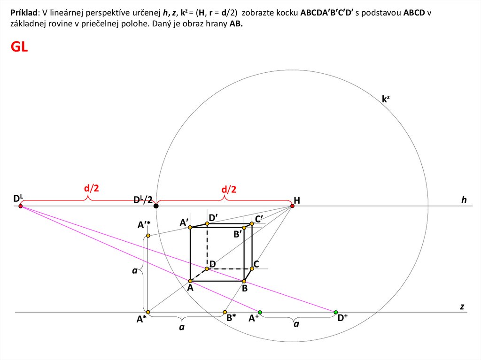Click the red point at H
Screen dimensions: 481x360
coord(292,206)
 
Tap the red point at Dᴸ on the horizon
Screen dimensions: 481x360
coord(20,206)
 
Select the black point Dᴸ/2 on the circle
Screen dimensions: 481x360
coord(156,206)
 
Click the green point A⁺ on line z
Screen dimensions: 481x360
coord(260,312)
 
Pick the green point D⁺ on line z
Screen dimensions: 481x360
coord(335,312)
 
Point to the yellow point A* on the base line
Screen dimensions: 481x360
coord(148,312)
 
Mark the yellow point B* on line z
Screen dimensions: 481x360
coord(225,312)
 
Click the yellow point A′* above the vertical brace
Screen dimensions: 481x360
coord(148,235)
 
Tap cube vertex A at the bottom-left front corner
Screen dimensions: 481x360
coord(190,281)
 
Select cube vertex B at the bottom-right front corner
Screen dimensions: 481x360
coord(244,281)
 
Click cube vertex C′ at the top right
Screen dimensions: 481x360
coord(252,224)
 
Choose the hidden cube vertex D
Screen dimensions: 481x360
coord(207,269)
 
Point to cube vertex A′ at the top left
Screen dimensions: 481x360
coord(190,228)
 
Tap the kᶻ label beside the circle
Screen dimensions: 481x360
coord(386,99)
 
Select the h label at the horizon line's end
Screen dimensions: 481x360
coord(464,200)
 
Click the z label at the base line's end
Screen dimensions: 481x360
coord(462,306)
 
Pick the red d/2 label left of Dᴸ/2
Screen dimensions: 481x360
coord(92,189)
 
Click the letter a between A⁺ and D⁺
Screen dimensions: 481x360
coord(296,324)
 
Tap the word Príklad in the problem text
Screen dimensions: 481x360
coord(24,13)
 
